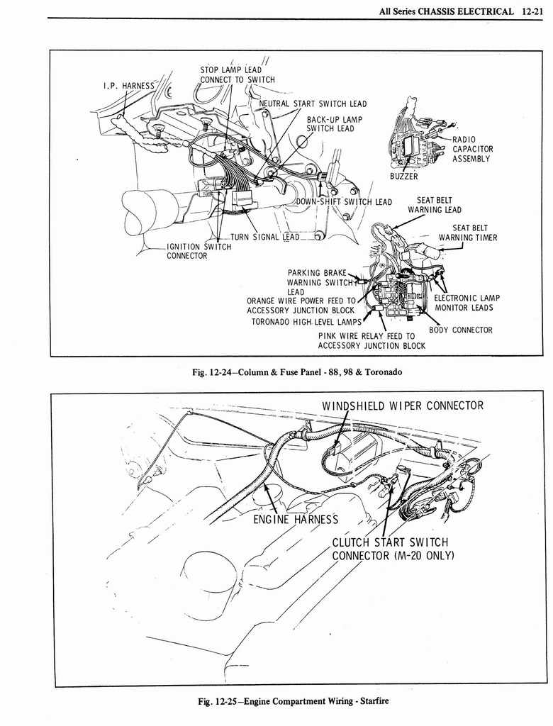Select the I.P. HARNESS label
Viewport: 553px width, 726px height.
pyautogui.click(x=128, y=86)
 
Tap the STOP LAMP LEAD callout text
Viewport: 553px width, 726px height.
pyautogui.click(x=231, y=69)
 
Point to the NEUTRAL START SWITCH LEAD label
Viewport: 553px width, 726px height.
pyautogui.click(x=313, y=104)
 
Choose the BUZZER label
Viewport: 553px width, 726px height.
pyautogui.click(x=403, y=177)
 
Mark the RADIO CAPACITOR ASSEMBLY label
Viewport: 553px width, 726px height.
pyautogui.click(x=472, y=149)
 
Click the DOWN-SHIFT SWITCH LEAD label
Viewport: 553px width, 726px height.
pyautogui.click(x=344, y=202)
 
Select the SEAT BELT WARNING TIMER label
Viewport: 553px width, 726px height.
pyautogui.click(x=468, y=233)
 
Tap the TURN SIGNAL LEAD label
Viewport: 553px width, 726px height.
pyautogui.click(x=265, y=237)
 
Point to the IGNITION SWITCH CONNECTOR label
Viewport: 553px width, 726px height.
pyautogui.click(x=199, y=251)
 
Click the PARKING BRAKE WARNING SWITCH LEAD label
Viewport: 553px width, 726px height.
pyautogui.click(x=316, y=282)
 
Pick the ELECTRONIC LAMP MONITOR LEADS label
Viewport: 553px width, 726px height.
pyautogui.click(x=467, y=303)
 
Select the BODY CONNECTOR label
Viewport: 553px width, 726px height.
pyautogui.click(x=460, y=330)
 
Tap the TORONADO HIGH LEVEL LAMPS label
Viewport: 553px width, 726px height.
pyautogui.click(x=306, y=322)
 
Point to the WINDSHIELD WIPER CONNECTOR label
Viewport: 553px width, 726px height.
pyautogui.click(x=402, y=406)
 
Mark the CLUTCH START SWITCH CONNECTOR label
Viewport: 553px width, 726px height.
pyautogui.click(x=393, y=548)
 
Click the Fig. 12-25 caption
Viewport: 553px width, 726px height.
pyautogui.click(x=294, y=702)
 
